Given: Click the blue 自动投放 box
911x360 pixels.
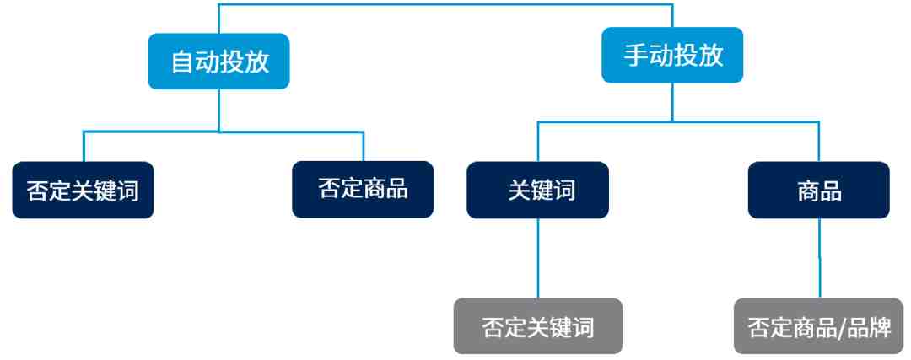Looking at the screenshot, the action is [219, 61].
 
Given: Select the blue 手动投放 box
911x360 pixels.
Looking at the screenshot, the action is [672, 55].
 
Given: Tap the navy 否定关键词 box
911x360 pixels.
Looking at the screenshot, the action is [83, 190].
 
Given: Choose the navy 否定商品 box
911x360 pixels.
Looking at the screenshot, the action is [363, 190].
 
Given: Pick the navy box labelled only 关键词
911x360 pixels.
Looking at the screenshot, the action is [538, 190].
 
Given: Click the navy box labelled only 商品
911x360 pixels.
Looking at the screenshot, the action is [818, 190].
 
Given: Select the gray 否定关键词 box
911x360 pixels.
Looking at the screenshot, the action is [538, 325].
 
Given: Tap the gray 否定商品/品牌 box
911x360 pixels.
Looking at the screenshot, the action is [819, 325].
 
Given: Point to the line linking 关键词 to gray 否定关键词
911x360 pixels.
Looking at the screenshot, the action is [538, 258].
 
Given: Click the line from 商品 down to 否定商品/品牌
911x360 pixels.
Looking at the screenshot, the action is [819, 258].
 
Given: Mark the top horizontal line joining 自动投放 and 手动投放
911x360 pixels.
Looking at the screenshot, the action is [445, 5].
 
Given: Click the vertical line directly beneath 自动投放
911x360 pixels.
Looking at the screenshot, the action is [219, 110].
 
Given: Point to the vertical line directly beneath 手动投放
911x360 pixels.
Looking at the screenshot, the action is [672, 102].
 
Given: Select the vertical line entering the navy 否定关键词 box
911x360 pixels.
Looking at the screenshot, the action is [84, 147].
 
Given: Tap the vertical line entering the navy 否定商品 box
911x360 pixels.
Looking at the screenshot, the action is [363, 147].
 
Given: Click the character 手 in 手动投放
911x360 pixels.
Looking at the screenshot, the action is [636, 56].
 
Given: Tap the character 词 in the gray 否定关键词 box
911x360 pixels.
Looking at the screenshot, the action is [583, 327].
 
